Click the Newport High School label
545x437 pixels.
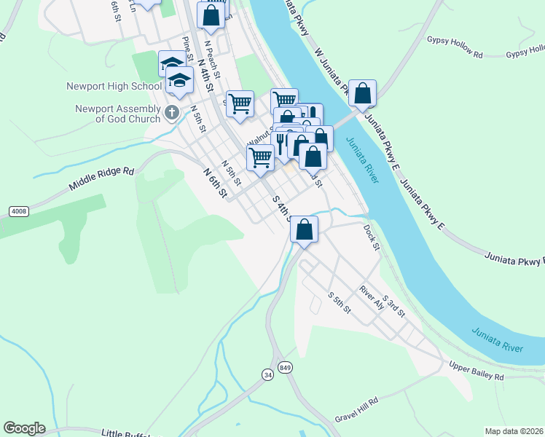click(114, 86)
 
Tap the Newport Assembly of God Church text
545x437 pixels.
click(118, 114)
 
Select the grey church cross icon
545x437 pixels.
click(172, 112)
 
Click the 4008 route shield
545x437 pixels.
click(19, 211)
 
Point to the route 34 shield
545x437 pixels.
click(268, 374)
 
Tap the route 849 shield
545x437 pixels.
click(285, 366)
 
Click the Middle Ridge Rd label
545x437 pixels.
click(102, 179)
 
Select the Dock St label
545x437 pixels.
click(372, 237)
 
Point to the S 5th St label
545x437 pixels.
click(340, 303)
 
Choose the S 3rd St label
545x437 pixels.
click(393, 304)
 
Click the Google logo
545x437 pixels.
click(24, 428)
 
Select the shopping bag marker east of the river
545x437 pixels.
click(362, 94)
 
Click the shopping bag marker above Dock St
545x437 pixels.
click(305, 229)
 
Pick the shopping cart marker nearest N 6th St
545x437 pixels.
click(260, 157)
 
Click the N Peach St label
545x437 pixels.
click(212, 54)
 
